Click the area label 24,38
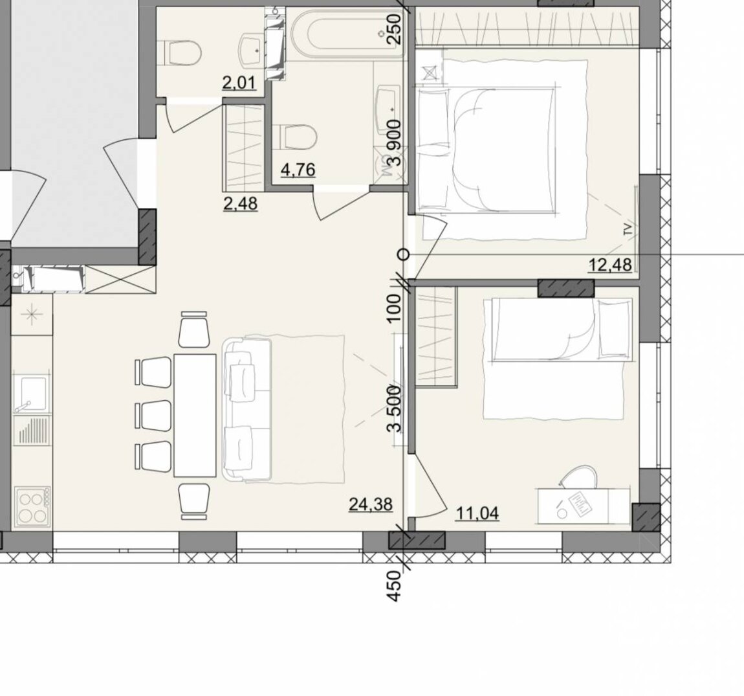(371, 504)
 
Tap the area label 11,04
(477, 513)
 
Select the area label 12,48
(610, 264)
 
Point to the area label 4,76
(298, 170)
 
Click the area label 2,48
(240, 203)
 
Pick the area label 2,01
(239, 83)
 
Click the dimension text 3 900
(395, 142)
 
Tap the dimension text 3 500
(395, 409)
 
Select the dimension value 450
(395, 587)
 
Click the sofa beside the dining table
(246, 409)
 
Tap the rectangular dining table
(195, 415)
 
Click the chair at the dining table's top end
(194, 330)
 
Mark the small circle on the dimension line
(403, 255)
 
